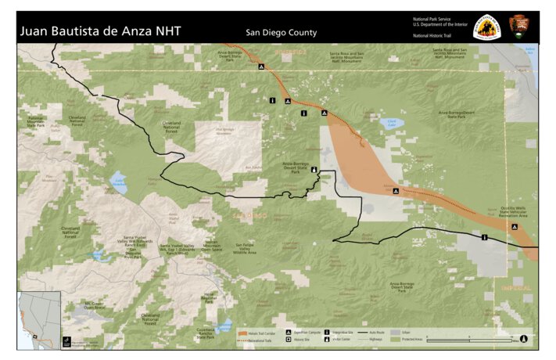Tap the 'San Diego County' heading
[281, 33]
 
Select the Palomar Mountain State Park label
[36, 121]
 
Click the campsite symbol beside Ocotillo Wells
[514, 227]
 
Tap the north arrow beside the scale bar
[523, 338]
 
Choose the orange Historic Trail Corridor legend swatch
[242, 334]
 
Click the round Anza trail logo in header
[486, 26]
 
